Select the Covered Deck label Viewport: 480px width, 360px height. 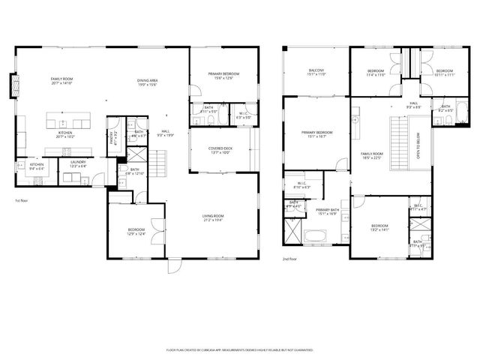[x=220, y=150]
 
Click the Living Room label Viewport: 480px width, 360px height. [x=213, y=218]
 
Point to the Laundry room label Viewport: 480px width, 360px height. [x=78, y=163]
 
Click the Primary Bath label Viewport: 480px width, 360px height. [x=328, y=211]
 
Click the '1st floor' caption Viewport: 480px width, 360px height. [x=22, y=201]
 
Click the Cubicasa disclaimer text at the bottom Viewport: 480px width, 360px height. [x=239, y=349]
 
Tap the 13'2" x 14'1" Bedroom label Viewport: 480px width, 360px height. [x=379, y=228]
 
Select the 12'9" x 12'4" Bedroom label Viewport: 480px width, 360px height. [x=136, y=232]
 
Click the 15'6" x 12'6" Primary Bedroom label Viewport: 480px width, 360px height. [x=226, y=76]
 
